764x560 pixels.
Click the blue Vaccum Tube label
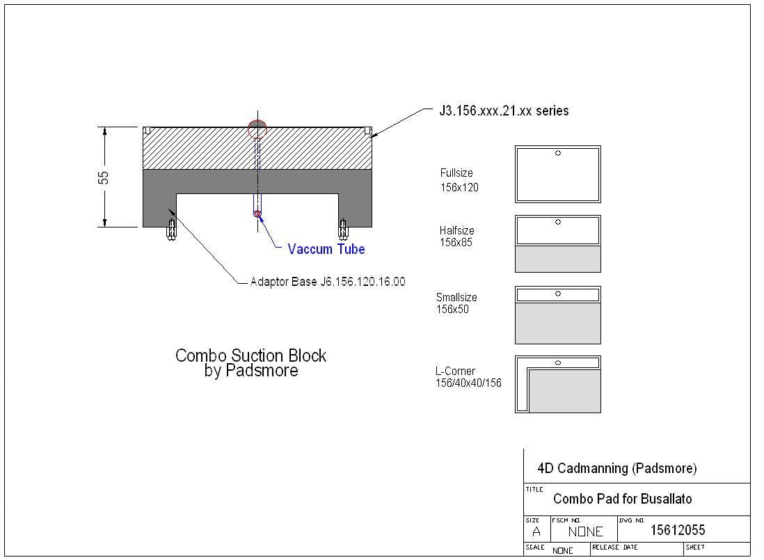[326, 249]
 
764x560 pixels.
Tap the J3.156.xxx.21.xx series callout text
[503, 111]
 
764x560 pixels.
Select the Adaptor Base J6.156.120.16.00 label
[327, 282]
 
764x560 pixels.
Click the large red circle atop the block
[257, 129]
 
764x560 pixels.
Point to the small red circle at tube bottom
[257, 214]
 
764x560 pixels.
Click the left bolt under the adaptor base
[170, 229]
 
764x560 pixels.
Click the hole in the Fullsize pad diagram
[558, 153]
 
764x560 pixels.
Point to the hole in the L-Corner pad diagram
[558, 362]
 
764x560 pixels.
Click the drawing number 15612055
[677, 531]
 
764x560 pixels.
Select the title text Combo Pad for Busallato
[622, 499]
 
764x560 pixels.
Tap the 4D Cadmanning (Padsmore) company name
[616, 468]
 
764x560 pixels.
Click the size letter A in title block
[536, 531]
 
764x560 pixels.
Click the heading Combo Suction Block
[250, 355]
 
